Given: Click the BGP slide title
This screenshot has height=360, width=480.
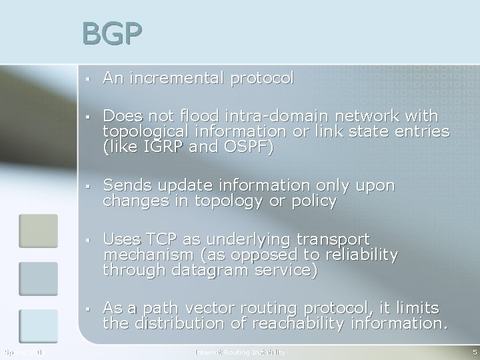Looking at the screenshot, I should pyautogui.click(x=113, y=35).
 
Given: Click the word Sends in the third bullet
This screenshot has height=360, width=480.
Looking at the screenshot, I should pyautogui.click(x=125, y=185).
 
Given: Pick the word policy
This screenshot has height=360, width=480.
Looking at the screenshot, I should pyautogui.click(x=313, y=200).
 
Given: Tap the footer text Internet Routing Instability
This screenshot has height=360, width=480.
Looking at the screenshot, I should pyautogui.click(x=239, y=351).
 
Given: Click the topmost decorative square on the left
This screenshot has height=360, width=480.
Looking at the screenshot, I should pyautogui.click(x=38, y=231).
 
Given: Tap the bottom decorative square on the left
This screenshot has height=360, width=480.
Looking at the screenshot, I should pyautogui.click(x=38, y=326).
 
